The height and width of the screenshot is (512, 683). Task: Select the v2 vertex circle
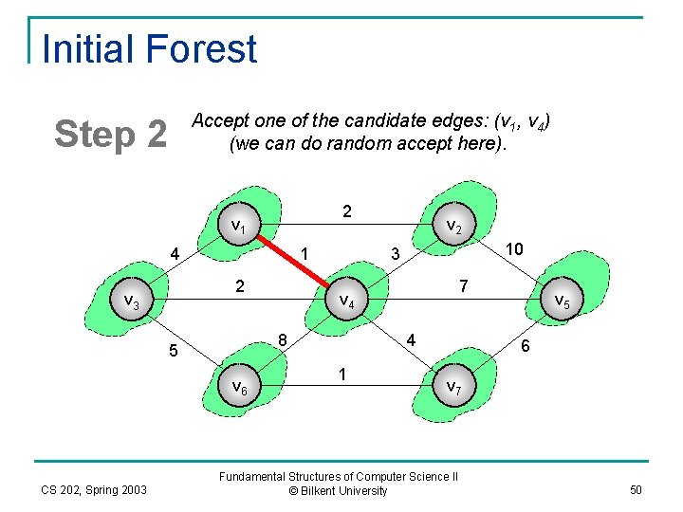pyautogui.click(x=452, y=228)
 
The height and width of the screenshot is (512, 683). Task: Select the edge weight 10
pyautogui.click(x=514, y=248)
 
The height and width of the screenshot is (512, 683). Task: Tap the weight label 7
pyautogui.click(x=462, y=285)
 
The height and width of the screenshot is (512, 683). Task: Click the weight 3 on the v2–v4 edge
pyautogui.click(x=397, y=254)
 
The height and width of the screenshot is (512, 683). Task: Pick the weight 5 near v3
pyautogui.click(x=173, y=352)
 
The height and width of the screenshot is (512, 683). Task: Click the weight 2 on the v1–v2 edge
pyautogui.click(x=347, y=210)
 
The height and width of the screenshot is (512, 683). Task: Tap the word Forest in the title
pyautogui.click(x=203, y=49)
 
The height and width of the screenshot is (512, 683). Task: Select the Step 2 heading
pyautogui.click(x=111, y=135)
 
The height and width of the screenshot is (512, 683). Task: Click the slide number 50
pyautogui.click(x=635, y=489)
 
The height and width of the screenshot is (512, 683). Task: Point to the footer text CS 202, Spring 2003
pyautogui.click(x=94, y=489)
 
